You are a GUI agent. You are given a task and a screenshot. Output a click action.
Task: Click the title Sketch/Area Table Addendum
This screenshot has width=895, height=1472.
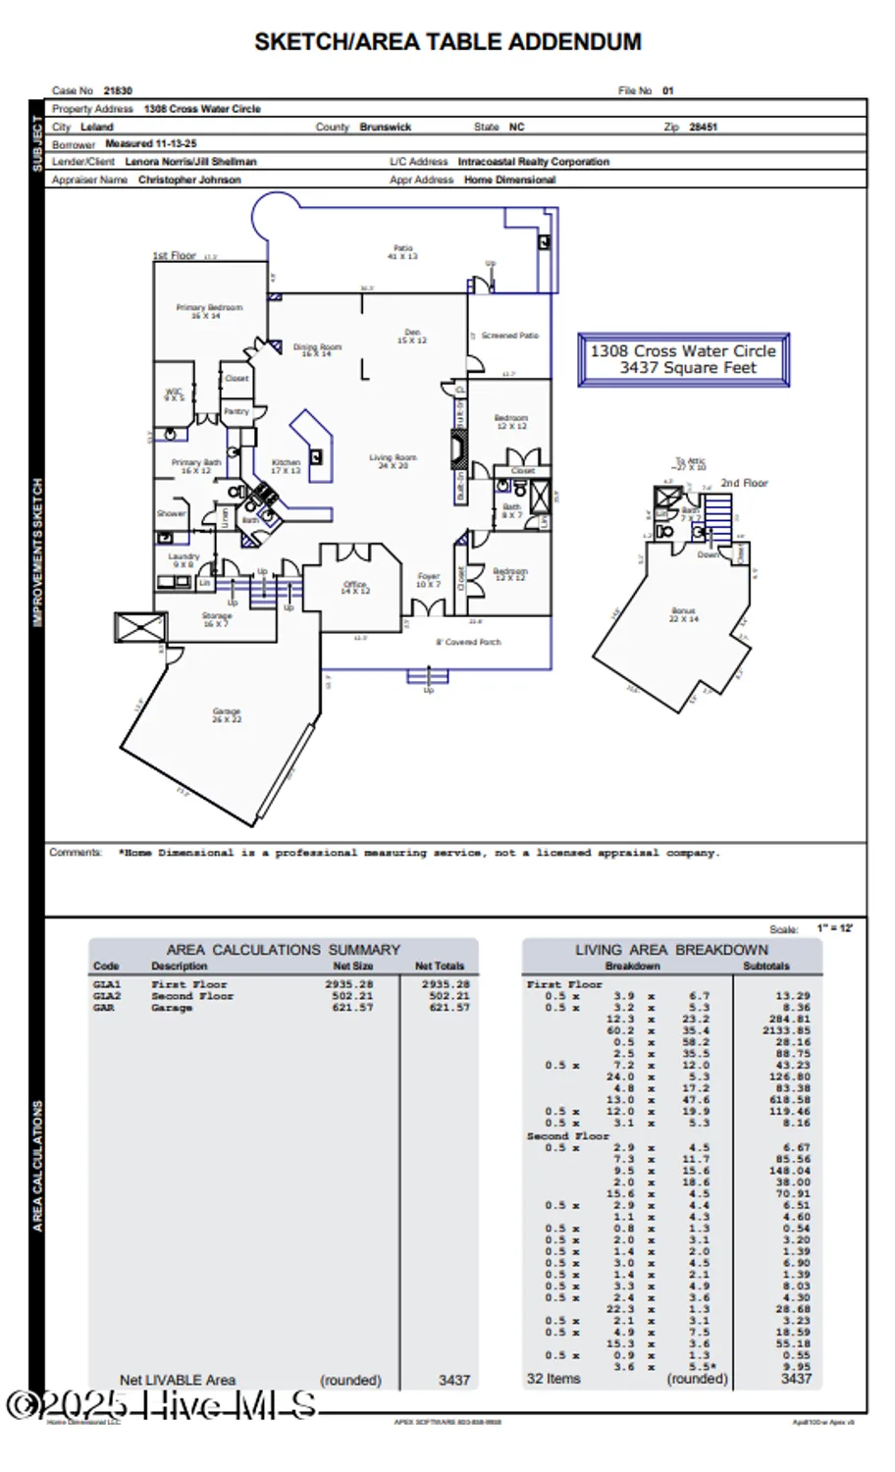click(x=447, y=42)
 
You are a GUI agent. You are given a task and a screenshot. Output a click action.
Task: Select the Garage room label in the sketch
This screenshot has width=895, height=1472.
click(x=227, y=714)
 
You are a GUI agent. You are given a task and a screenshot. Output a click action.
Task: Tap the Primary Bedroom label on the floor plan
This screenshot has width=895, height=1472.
click(x=209, y=311)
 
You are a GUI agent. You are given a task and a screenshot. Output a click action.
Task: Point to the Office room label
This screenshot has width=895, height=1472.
click(x=355, y=588)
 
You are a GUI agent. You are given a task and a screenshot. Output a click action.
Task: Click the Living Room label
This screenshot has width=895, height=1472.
click(x=393, y=461)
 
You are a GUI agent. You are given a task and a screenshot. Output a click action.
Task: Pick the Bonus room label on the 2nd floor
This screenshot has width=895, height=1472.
click(x=684, y=614)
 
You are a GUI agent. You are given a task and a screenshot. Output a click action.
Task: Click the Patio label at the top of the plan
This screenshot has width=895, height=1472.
click(x=402, y=252)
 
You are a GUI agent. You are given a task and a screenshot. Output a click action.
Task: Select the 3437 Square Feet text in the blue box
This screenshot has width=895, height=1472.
click(x=687, y=368)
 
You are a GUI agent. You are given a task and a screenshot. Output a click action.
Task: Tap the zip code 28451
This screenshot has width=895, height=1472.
click(x=704, y=127)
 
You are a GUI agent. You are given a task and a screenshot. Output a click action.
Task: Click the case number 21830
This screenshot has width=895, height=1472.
click(x=118, y=90)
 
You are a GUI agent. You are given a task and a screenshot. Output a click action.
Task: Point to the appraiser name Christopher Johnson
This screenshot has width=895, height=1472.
click(x=189, y=180)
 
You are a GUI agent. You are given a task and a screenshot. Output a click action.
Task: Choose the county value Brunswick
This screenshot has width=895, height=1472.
click(x=386, y=127)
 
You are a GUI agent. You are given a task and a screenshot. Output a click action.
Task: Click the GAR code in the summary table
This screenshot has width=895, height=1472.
click(x=104, y=1008)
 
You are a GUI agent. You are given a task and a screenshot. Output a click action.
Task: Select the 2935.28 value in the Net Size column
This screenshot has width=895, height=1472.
click(x=349, y=983)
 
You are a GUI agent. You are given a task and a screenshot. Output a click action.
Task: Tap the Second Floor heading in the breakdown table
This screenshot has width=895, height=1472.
click(x=567, y=1135)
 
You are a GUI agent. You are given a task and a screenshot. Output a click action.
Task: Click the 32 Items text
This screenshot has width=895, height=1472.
click(x=553, y=1379)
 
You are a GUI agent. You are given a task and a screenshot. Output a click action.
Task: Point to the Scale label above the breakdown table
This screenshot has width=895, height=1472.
click(x=783, y=928)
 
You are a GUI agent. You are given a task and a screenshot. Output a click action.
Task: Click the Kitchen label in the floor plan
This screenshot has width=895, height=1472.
click(x=286, y=466)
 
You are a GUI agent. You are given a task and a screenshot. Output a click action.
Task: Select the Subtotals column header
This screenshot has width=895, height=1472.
click(x=765, y=966)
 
